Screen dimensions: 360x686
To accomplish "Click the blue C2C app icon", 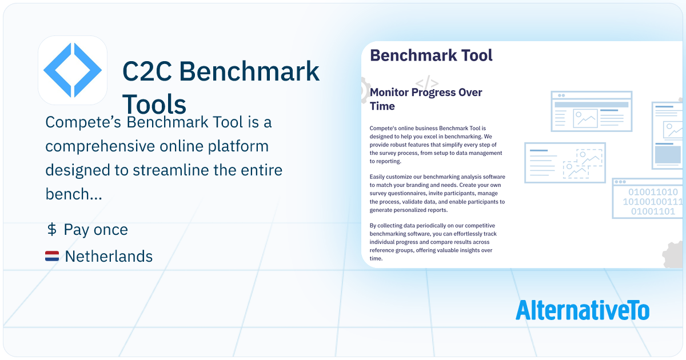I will click(x=73, y=70).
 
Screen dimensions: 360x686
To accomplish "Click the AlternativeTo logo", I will click(x=582, y=310).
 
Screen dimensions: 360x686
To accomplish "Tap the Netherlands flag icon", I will click(x=52, y=257).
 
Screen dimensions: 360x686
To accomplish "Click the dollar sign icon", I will click(x=51, y=230).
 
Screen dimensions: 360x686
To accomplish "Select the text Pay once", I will click(x=95, y=230).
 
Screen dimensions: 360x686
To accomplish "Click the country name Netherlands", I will click(x=109, y=257).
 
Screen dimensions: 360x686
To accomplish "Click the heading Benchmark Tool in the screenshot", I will click(x=431, y=55).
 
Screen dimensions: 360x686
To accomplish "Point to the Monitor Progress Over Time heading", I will click(x=426, y=99).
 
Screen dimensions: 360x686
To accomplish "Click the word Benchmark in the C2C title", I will click(x=249, y=71).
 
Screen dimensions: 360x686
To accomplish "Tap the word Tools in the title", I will click(x=154, y=105).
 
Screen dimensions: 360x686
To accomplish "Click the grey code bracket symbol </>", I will click(x=427, y=82).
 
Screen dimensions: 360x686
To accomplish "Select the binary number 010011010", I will click(x=653, y=192).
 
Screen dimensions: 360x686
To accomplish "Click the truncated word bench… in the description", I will click(x=74, y=195).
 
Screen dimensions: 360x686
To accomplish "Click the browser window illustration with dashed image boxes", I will click(x=565, y=163).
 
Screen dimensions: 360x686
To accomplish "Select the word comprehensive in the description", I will click(x=102, y=146).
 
